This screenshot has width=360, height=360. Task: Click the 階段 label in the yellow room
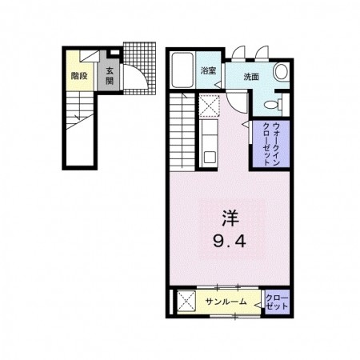tap(79, 76)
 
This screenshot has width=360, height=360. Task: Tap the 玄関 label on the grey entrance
tap(110, 76)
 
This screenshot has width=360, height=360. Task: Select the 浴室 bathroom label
tap(208, 70)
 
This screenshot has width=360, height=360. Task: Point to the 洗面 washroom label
tap(251, 77)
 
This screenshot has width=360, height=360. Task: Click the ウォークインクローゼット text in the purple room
tap(271, 144)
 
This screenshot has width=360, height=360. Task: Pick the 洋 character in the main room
tap(230, 218)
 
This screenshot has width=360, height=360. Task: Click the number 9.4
tap(230, 242)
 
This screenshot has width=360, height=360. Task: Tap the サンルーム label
tap(226, 302)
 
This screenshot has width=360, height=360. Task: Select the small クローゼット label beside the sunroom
tap(277, 302)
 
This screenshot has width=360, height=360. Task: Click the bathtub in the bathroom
tap(182, 70)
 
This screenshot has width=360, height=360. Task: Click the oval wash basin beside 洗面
tap(281, 71)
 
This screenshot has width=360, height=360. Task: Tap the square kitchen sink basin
tap(210, 158)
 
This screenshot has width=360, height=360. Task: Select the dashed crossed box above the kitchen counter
tap(209, 106)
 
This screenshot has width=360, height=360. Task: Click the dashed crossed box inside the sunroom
tap(186, 301)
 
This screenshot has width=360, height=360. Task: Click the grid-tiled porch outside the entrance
tap(139, 68)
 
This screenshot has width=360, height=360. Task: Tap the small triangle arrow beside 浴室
tap(218, 85)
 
